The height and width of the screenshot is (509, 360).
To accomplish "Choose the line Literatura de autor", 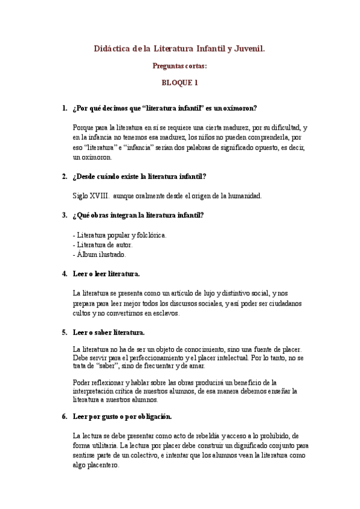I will pyautogui.click(x=103, y=244).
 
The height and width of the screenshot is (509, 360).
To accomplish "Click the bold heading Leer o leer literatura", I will pyautogui.click(x=106, y=274).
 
